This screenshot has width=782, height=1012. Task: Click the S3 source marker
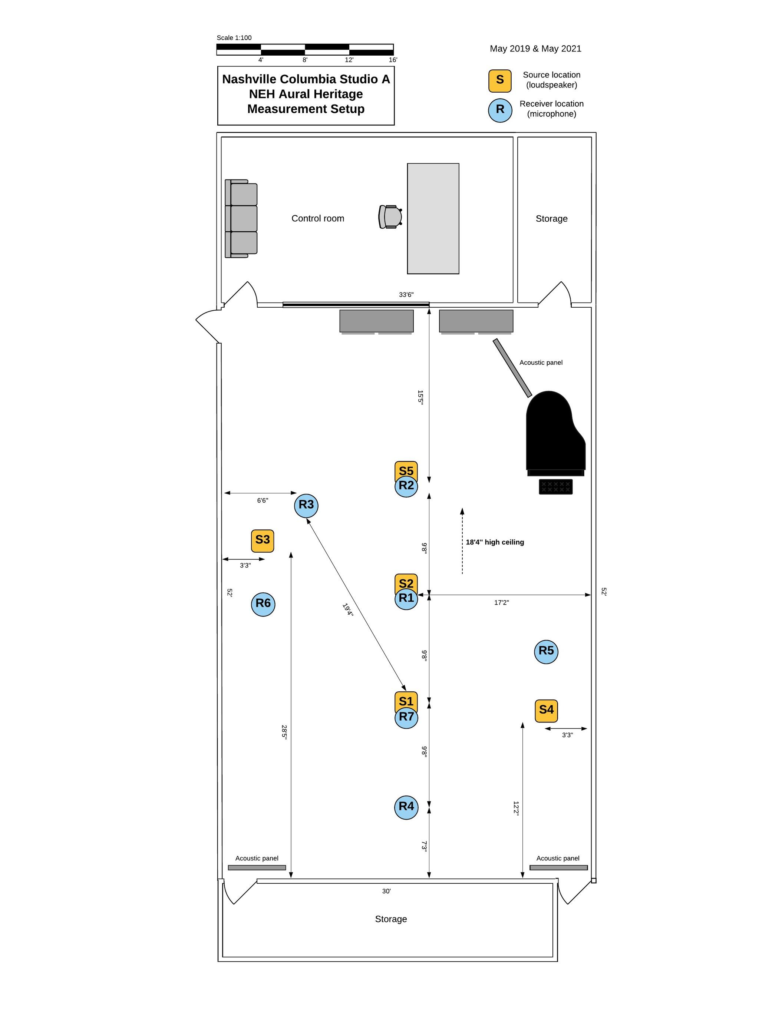tap(263, 540)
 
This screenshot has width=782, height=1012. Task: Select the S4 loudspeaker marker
tap(546, 710)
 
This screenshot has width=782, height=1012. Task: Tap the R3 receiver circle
tap(306, 505)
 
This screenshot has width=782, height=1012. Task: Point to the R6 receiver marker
tap(263, 604)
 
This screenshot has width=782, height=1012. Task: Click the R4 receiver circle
tap(406, 807)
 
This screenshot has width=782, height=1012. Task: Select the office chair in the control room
tap(390, 217)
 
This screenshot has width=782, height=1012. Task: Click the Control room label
tap(317, 219)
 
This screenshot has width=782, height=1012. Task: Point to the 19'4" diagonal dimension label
tap(348, 610)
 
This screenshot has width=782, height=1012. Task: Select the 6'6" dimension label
tap(263, 500)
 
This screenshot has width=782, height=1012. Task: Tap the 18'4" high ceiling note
tap(495, 542)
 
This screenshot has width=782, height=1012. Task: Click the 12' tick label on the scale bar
tap(349, 60)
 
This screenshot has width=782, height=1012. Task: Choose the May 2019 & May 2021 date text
tap(535, 49)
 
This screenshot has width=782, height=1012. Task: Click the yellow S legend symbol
tap(500, 81)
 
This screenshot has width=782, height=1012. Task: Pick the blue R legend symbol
tap(500, 110)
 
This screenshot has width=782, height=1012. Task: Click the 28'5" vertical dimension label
tap(284, 732)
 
